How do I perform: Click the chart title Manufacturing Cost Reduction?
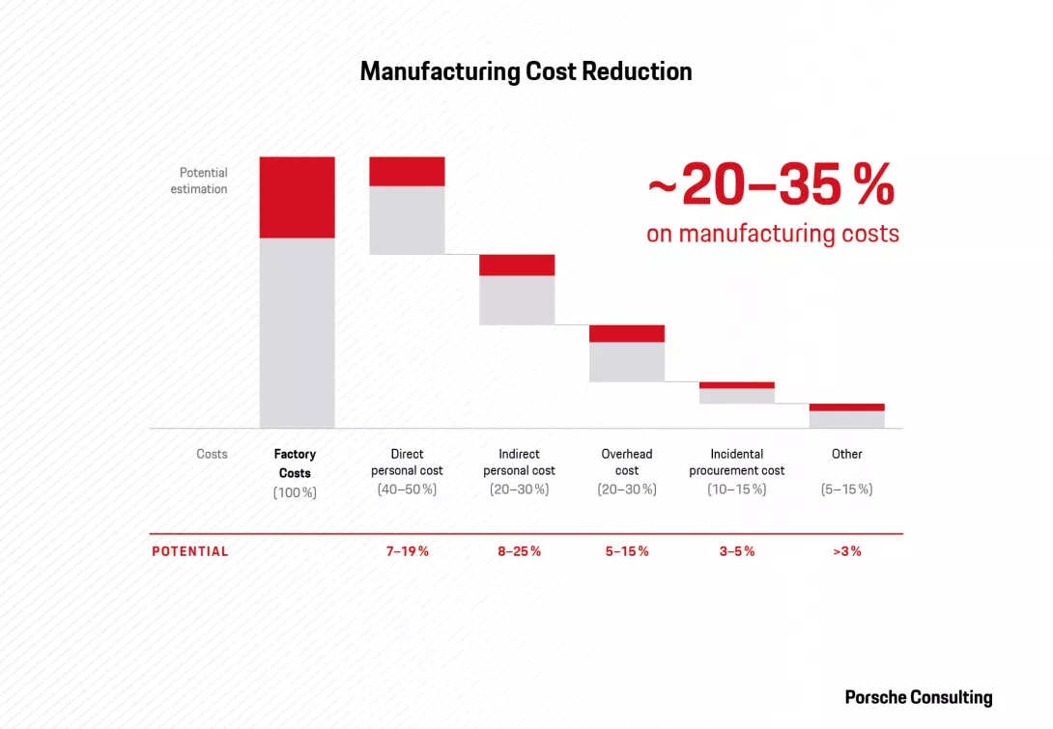tap(526, 71)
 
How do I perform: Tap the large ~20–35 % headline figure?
tap(771, 185)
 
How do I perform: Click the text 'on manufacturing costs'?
tap(772, 234)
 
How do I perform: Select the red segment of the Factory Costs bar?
tap(297, 197)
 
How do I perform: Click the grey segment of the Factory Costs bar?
tap(297, 332)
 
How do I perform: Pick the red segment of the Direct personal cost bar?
tap(407, 171)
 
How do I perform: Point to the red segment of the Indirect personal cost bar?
tap(517, 265)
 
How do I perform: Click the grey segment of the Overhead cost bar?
tap(627, 362)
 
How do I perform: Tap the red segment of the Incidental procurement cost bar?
tap(737, 385)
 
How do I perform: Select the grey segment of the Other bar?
tap(847, 419)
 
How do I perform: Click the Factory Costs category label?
tap(295, 463)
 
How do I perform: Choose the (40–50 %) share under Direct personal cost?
tap(407, 490)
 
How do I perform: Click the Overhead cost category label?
tap(627, 463)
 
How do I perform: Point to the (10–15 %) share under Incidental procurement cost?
tap(737, 490)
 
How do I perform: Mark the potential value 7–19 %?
tap(407, 551)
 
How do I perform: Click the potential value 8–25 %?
tap(519, 551)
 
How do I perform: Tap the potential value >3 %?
tap(847, 551)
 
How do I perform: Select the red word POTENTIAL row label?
tap(190, 551)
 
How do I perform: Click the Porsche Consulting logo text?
tap(918, 697)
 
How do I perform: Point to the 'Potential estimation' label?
tap(199, 181)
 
